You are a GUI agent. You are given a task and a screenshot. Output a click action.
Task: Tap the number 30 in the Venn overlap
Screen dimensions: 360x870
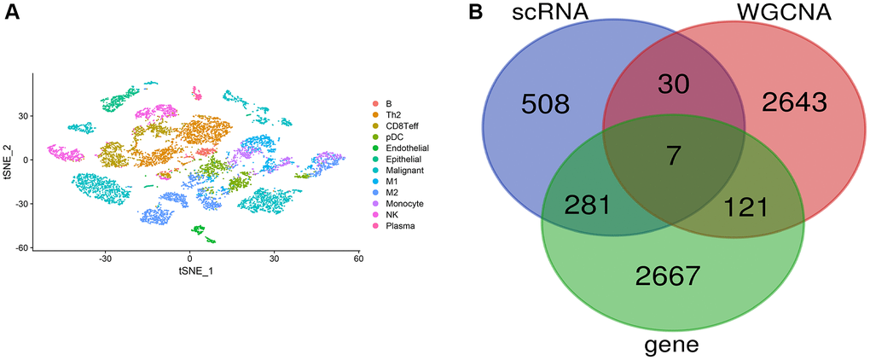coord(673,84)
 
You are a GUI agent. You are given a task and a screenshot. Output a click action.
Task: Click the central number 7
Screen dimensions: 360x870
coord(675,156)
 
